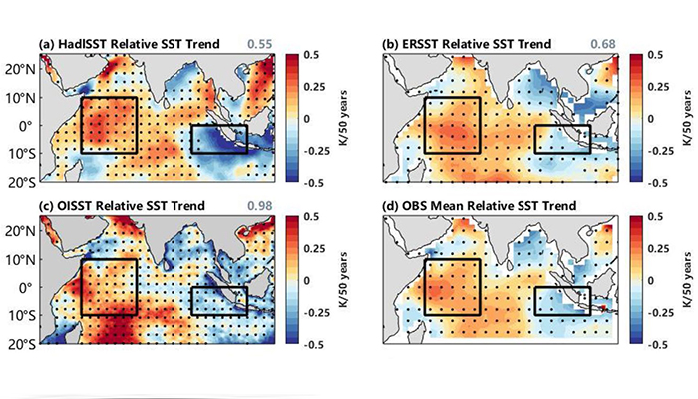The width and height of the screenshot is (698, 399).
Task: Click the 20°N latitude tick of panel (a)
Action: [21, 69]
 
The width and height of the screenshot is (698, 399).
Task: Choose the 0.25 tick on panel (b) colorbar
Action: [657, 86]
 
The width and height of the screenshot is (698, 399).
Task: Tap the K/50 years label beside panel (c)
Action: [343, 279]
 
